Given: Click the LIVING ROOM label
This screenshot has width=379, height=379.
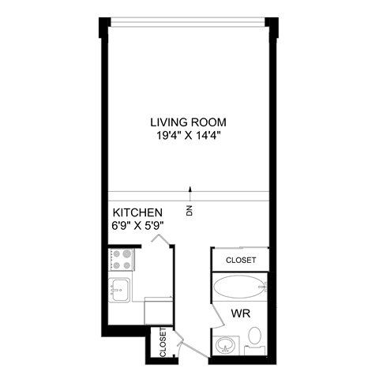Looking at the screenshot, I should (189, 122).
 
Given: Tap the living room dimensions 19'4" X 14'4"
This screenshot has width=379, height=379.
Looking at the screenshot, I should (189, 135).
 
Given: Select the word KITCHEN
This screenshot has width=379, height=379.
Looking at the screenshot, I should (138, 213).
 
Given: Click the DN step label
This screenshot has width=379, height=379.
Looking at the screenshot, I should (189, 210).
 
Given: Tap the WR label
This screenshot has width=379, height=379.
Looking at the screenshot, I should (241, 313).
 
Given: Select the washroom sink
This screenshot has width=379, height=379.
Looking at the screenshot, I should (226, 344).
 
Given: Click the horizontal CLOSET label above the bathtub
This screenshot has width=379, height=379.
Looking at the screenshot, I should (241, 260).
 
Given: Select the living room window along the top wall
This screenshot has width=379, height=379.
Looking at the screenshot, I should (189, 21).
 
